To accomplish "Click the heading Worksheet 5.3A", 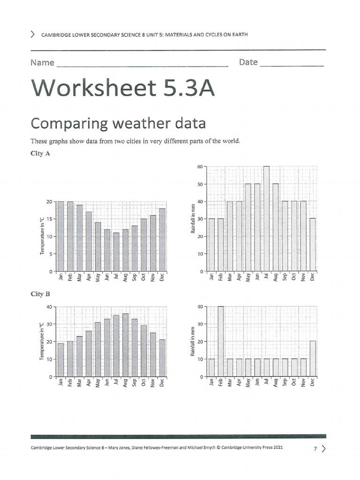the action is (123, 88).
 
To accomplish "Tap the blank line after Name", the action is (142, 64).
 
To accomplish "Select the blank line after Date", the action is (292, 63).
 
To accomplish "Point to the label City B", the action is (40, 294).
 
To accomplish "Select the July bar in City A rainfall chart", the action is (266, 219).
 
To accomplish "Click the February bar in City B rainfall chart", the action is (220, 341).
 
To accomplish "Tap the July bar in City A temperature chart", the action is (116, 252).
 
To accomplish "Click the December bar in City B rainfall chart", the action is (312, 359).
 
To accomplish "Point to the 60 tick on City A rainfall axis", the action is (199, 167).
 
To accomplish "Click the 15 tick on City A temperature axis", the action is (49, 219).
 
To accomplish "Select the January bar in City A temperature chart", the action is (60, 237).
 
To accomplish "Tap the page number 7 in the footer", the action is (316, 449).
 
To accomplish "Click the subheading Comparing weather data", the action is (118, 123).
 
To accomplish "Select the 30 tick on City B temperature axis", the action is (49, 324).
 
